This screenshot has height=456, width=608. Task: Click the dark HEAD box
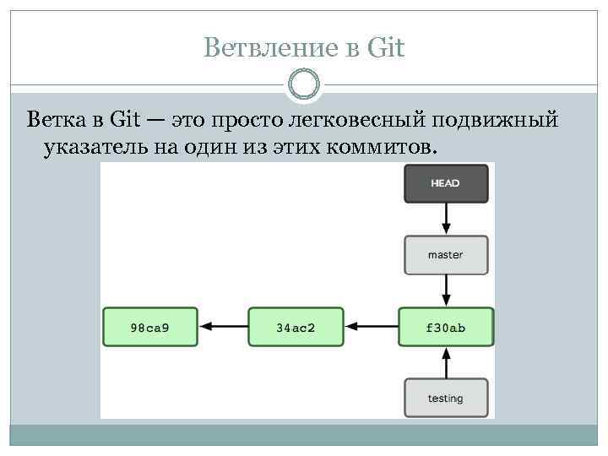point(445,183)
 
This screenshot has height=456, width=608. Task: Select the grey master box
point(445,255)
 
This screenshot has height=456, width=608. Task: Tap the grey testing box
point(445,398)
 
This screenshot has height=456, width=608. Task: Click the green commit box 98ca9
point(150,327)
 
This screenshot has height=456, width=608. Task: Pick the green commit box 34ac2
point(296,327)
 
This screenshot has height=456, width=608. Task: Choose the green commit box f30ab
point(445,327)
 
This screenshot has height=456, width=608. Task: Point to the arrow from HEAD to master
point(445,220)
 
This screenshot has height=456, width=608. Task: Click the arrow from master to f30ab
point(445,291)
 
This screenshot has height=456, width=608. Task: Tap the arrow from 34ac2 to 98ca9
point(223,327)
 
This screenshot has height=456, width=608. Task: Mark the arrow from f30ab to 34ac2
point(371,327)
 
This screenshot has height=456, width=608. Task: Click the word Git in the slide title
point(387,48)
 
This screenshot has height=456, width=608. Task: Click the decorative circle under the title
point(304,84)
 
